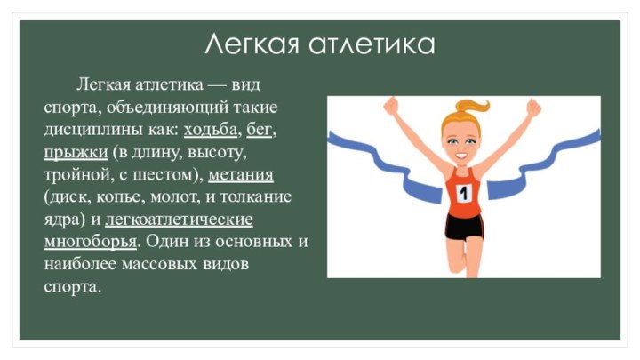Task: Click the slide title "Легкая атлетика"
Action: click(320, 43)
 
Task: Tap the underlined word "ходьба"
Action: click(211, 130)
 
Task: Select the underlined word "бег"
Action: click(259, 130)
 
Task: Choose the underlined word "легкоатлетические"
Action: click(179, 219)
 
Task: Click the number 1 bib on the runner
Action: click(463, 191)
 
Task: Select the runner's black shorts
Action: click(464, 227)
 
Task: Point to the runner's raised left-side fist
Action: click(391, 106)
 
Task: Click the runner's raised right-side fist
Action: click(534, 107)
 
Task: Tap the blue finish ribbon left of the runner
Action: click(364, 151)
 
